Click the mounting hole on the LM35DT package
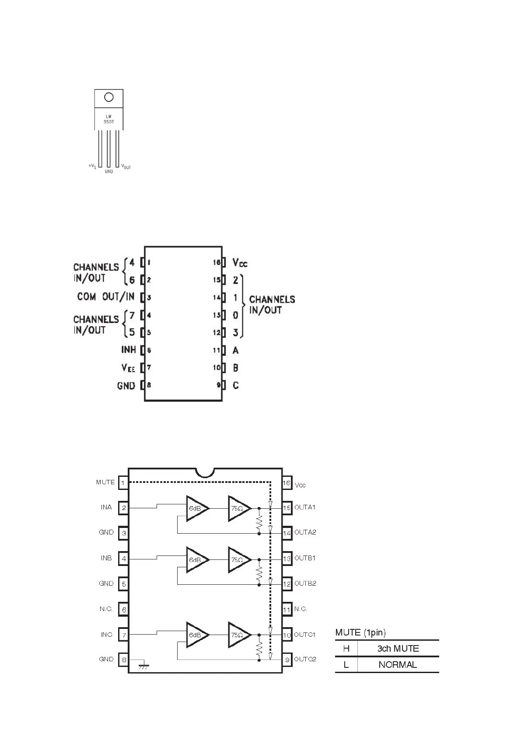coord(109,97)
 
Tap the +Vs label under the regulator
coord(92,167)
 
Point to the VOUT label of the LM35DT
coord(126,167)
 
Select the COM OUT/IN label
coord(105,297)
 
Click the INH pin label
coord(129,350)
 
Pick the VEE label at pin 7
coord(128,368)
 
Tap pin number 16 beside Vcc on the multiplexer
coord(217,262)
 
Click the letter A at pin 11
coord(236,350)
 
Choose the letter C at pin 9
coord(236,385)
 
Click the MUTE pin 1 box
coord(123,483)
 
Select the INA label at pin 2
coord(106,507)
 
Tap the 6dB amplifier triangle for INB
coord(197,559)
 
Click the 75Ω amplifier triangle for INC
coord(239,635)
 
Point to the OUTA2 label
coord(305,532)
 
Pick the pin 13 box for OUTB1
coord(287,559)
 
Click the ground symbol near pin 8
coord(143,666)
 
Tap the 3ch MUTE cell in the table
coord(398,649)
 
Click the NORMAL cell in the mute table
coord(398,665)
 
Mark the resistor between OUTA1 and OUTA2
coord(259,521)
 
